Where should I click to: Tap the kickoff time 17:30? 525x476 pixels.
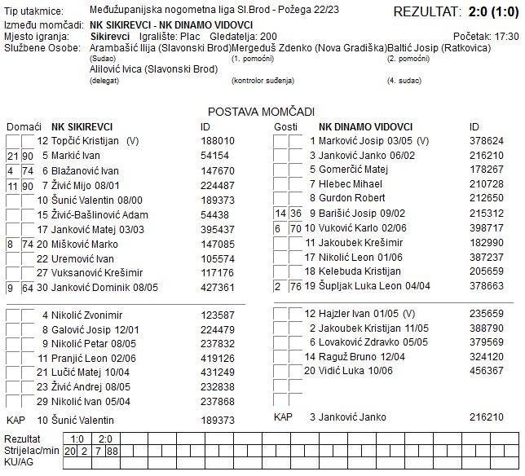click(506, 37)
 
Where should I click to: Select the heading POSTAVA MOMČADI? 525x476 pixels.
click(261, 112)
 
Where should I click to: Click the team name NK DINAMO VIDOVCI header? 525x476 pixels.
click(365, 126)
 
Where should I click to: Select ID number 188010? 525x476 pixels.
click(217, 141)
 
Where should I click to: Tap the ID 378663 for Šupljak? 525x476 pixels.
click(487, 285)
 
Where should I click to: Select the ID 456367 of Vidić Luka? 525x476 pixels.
click(487, 370)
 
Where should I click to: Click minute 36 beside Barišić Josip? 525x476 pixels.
click(295, 213)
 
